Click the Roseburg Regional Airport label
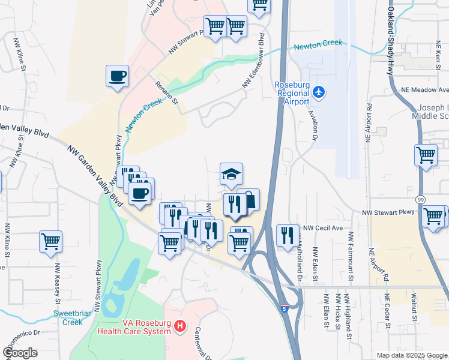[x=291, y=93]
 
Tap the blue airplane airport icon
[x=319, y=92]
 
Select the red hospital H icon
[x=179, y=327]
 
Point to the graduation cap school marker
[x=231, y=174]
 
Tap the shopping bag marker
[x=249, y=200]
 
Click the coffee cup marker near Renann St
[x=117, y=77]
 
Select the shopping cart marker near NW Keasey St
[x=50, y=241]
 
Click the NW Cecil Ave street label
[x=322, y=228]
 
